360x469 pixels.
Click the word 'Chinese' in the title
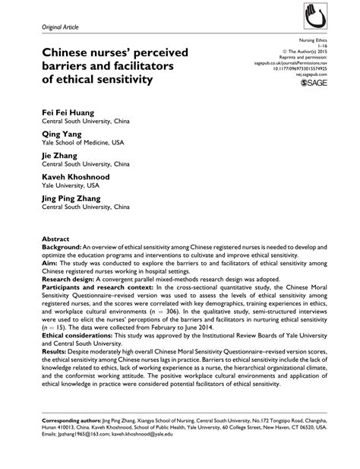(69, 52)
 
